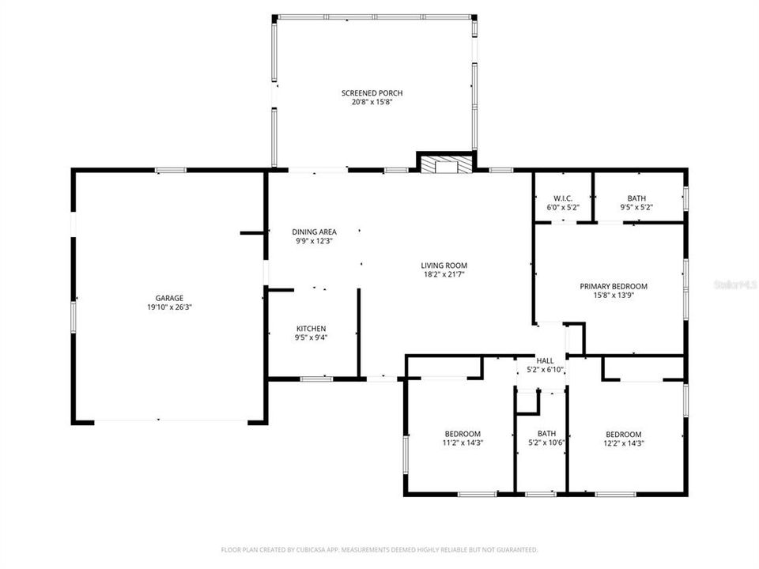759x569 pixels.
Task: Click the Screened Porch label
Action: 372,93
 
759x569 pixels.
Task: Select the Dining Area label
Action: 314,232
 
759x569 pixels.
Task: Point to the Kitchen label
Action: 311,328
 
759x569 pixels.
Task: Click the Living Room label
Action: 444,266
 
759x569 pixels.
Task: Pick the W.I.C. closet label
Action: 563,198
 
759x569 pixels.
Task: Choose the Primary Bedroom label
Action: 614,286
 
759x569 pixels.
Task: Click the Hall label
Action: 545,360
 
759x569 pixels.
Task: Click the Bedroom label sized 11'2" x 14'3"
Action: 463,434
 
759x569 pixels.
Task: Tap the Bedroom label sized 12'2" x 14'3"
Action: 623,434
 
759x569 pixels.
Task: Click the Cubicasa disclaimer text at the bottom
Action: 379,549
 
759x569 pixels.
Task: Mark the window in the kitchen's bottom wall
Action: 316,379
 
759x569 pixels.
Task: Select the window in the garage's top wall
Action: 170,170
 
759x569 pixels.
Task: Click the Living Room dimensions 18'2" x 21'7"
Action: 444,275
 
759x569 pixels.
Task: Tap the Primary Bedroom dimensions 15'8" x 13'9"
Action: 614,296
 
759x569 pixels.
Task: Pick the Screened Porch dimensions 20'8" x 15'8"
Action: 372,102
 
